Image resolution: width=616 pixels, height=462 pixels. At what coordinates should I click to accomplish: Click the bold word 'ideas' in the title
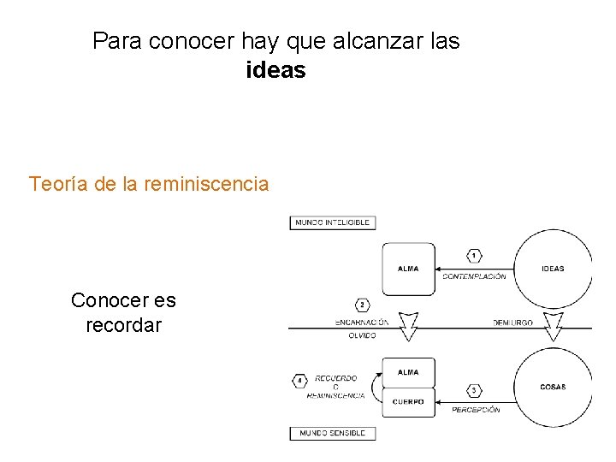pyautogui.click(x=275, y=70)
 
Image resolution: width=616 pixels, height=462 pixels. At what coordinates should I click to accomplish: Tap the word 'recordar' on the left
pyautogui.click(x=123, y=325)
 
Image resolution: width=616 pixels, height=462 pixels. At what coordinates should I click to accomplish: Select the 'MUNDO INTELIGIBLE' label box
pyautogui.click(x=333, y=222)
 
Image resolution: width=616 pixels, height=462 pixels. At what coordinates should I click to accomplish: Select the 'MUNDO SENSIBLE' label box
pyautogui.click(x=333, y=433)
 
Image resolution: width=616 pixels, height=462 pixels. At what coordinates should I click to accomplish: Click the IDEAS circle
pyautogui.click(x=553, y=269)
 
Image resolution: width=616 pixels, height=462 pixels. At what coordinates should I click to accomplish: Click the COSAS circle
pyautogui.click(x=553, y=387)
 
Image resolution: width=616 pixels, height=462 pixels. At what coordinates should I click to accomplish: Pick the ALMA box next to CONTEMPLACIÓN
pyautogui.click(x=408, y=269)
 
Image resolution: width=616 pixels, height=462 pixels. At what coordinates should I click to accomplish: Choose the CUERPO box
pyautogui.click(x=408, y=401)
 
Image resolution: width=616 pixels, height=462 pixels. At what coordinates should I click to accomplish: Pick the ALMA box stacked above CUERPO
pyautogui.click(x=408, y=373)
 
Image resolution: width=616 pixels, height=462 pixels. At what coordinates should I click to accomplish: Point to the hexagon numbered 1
pyautogui.click(x=475, y=255)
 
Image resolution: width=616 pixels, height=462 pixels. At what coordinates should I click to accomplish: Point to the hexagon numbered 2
pyautogui.click(x=363, y=305)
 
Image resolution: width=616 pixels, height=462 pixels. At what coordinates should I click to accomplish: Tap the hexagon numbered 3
pyautogui.click(x=475, y=391)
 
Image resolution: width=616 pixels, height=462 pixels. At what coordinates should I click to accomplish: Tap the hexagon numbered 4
pyautogui.click(x=299, y=381)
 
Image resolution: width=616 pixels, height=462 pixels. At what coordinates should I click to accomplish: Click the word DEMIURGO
pyautogui.click(x=512, y=323)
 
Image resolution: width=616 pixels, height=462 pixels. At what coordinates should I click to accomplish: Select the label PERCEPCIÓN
pyautogui.click(x=476, y=410)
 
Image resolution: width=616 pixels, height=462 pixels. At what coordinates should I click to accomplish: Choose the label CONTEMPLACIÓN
pyautogui.click(x=474, y=276)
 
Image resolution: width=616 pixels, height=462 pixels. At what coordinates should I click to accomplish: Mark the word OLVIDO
pyautogui.click(x=362, y=336)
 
